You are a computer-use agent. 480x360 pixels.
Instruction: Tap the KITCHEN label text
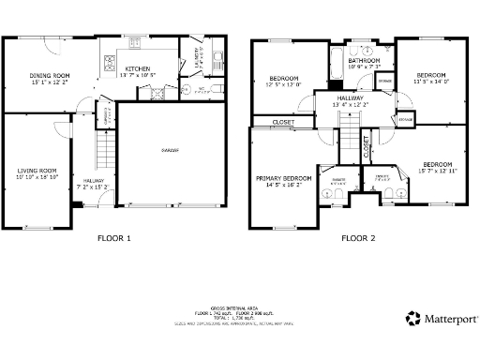pos(138,68)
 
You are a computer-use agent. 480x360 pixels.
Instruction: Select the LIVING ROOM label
pos(37,170)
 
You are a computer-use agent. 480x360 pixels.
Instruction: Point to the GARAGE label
pos(170,150)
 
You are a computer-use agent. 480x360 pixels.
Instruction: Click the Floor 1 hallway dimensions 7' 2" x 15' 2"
pos(94,187)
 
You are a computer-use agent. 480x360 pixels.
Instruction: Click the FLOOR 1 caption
pos(114,238)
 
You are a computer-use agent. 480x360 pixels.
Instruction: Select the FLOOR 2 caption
pos(359,238)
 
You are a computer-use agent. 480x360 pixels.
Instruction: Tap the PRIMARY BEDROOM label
pos(284,177)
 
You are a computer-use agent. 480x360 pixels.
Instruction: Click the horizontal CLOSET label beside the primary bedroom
pos(282,123)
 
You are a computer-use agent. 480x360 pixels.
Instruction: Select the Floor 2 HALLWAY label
pos(352,97)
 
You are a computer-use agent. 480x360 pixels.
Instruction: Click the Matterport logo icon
pos(413,318)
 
